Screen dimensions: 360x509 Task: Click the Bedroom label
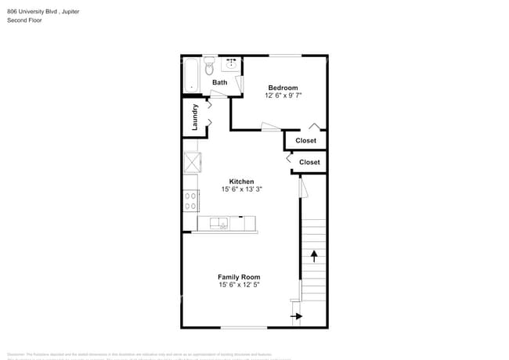(x=283, y=88)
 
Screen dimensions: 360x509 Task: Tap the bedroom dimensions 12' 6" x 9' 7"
(x=283, y=95)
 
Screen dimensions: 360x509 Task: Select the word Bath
(x=220, y=82)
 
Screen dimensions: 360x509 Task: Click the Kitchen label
(x=240, y=182)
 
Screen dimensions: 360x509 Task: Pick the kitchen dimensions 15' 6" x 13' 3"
(x=240, y=189)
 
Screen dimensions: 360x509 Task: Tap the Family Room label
(x=239, y=277)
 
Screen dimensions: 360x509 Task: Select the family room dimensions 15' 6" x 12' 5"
(x=239, y=285)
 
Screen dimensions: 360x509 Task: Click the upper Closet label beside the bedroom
(x=305, y=141)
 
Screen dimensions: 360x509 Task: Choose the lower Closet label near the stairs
(x=309, y=162)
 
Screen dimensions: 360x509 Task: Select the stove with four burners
(x=190, y=201)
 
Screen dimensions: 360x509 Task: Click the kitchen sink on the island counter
(x=222, y=224)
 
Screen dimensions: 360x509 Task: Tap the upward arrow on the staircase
(x=315, y=255)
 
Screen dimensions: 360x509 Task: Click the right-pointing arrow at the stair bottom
(x=297, y=316)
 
